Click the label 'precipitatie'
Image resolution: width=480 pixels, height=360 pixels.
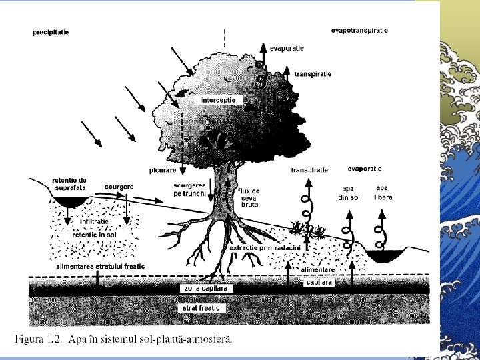pyautogui.click(x=51, y=31)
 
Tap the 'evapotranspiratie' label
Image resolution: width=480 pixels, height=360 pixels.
pyautogui.click(x=359, y=29)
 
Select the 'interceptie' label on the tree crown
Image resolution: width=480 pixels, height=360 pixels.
pyautogui.click(x=223, y=99)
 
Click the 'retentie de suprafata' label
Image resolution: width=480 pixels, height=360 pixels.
pyautogui.click(x=69, y=183)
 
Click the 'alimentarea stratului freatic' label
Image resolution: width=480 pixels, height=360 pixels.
pyautogui.click(x=100, y=266)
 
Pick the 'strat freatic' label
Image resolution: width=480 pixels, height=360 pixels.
pyautogui.click(x=200, y=308)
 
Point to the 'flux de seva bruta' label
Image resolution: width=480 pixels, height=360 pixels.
pyautogui.click(x=249, y=198)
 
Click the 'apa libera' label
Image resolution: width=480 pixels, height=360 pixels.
pyautogui.click(x=383, y=193)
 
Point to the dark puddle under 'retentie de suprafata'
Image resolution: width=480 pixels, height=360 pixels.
pyautogui.click(x=70, y=201)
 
